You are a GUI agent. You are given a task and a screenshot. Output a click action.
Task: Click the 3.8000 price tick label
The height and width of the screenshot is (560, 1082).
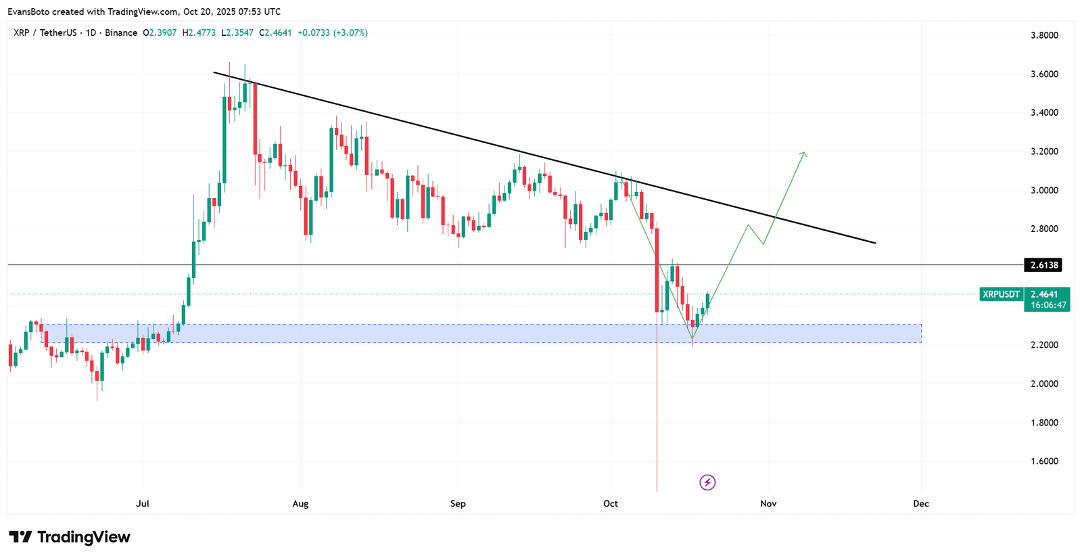click(1044, 35)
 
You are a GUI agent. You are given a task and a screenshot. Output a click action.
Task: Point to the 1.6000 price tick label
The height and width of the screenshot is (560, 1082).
click(1044, 461)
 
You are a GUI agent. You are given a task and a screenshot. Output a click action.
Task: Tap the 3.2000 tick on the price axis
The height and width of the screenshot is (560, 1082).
click(1044, 151)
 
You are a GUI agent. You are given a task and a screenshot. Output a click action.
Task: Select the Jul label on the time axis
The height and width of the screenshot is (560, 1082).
click(143, 503)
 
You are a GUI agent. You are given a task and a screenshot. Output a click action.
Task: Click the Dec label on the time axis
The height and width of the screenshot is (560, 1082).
click(920, 503)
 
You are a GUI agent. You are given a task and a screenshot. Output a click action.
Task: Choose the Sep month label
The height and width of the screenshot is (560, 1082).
click(458, 503)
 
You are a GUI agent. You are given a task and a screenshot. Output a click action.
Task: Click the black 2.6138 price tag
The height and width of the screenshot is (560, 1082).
click(1043, 264)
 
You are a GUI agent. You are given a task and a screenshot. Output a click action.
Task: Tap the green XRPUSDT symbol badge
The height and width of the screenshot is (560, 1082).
click(1002, 294)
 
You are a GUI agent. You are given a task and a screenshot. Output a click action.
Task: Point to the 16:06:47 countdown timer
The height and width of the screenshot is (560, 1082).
click(1048, 306)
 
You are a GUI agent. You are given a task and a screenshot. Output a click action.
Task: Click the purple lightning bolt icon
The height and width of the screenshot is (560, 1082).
click(707, 482)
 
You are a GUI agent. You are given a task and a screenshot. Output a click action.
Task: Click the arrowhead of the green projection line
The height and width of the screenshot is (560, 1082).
click(804, 154)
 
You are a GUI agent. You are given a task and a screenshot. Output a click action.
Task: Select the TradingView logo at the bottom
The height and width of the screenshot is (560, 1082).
click(70, 537)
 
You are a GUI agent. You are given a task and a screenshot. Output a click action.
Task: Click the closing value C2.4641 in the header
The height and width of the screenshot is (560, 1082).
click(275, 33)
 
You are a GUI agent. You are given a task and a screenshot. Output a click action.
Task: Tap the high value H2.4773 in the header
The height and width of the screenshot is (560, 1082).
click(199, 33)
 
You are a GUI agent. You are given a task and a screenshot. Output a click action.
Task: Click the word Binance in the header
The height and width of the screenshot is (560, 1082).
click(121, 33)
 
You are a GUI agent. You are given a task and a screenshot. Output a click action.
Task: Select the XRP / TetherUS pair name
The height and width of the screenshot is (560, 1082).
click(45, 33)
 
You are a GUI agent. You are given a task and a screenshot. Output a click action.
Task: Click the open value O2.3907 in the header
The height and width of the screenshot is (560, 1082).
click(160, 33)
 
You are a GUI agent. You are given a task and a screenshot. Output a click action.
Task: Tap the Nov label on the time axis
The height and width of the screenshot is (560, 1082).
click(768, 503)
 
